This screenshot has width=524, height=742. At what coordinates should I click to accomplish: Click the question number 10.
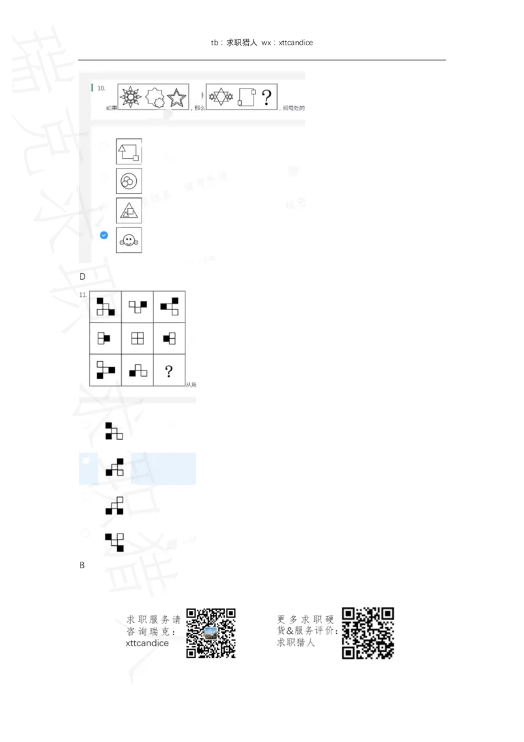click(102, 87)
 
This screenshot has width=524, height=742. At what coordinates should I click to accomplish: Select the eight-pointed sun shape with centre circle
click(131, 98)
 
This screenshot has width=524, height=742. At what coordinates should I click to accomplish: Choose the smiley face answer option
click(128, 241)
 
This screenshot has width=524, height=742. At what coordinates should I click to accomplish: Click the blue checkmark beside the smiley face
click(103, 235)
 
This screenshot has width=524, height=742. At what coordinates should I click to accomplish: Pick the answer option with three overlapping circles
click(128, 181)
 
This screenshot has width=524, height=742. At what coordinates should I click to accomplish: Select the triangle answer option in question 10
click(128, 210)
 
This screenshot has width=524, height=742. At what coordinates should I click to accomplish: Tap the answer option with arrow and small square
click(128, 151)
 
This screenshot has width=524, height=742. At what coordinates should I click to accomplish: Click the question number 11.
click(83, 296)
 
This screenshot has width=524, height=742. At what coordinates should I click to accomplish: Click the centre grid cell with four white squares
click(138, 338)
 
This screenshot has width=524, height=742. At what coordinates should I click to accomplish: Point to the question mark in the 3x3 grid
click(169, 372)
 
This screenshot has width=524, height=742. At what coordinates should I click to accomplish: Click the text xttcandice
click(147, 643)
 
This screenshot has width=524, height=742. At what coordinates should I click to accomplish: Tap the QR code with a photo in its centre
click(211, 633)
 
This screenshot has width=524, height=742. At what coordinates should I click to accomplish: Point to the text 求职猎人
click(296, 643)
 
